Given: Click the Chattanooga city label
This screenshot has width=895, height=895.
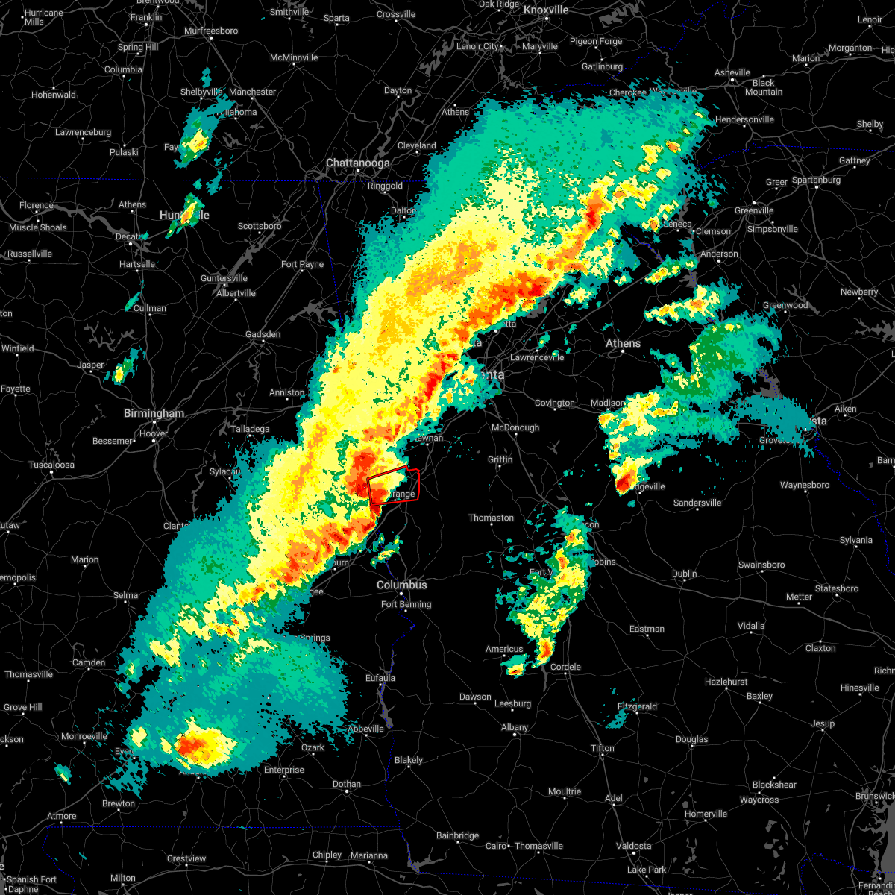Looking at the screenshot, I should tap(357, 163).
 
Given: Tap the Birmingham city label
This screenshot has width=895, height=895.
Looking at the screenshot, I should tap(154, 413).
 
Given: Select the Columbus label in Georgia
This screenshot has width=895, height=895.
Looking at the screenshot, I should tap(401, 585).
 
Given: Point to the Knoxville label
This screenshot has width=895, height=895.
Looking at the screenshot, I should tap(546, 10).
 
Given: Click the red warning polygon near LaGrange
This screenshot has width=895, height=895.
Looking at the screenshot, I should tap(393, 486).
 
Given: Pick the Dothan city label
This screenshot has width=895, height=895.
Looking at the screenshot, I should tap(346, 784).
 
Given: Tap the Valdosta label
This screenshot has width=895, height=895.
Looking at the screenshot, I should tap(633, 846).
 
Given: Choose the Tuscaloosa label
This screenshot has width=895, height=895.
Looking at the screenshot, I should tap(51, 465).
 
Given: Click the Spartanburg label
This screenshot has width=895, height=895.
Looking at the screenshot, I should tap(816, 180).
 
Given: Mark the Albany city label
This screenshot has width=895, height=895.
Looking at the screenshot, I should tap(515, 727).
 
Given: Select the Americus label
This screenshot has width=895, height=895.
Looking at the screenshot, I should tap(504, 649).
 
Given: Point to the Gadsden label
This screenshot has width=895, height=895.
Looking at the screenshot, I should tap(263, 334).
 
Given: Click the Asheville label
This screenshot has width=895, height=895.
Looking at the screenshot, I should tap(732, 72).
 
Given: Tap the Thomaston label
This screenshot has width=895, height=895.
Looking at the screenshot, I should tap(491, 518).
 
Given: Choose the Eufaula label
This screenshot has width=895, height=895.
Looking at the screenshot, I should tap(380, 678).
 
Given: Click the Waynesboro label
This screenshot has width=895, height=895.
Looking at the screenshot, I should tap(804, 485).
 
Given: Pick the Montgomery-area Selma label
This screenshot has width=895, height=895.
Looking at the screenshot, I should tap(125, 595).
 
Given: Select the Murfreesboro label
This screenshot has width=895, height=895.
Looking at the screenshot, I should tap(211, 31).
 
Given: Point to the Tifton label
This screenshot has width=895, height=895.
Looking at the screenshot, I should tap(603, 748).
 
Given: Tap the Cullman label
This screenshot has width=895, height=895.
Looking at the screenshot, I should tap(150, 308).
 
